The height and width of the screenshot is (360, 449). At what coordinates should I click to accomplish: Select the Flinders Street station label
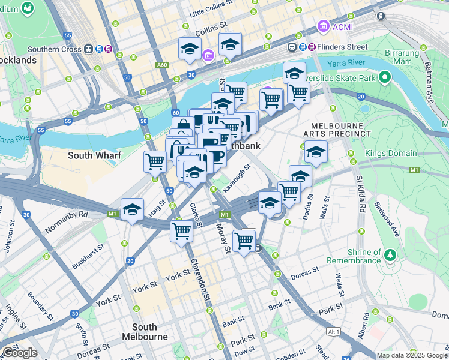click(x=344, y=46)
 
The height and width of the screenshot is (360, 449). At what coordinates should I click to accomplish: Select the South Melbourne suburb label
click(x=145, y=332)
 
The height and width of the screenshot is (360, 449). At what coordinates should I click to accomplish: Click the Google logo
click(x=19, y=353)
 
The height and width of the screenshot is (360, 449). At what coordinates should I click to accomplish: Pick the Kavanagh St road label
click(x=236, y=178)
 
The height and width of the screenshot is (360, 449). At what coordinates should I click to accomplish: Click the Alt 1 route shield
click(x=334, y=332)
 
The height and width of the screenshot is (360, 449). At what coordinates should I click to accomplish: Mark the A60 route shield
click(x=162, y=64)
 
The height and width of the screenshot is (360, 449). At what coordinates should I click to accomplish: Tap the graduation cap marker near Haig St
click(x=132, y=209)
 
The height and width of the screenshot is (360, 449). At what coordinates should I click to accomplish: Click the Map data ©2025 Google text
click(x=411, y=355)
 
